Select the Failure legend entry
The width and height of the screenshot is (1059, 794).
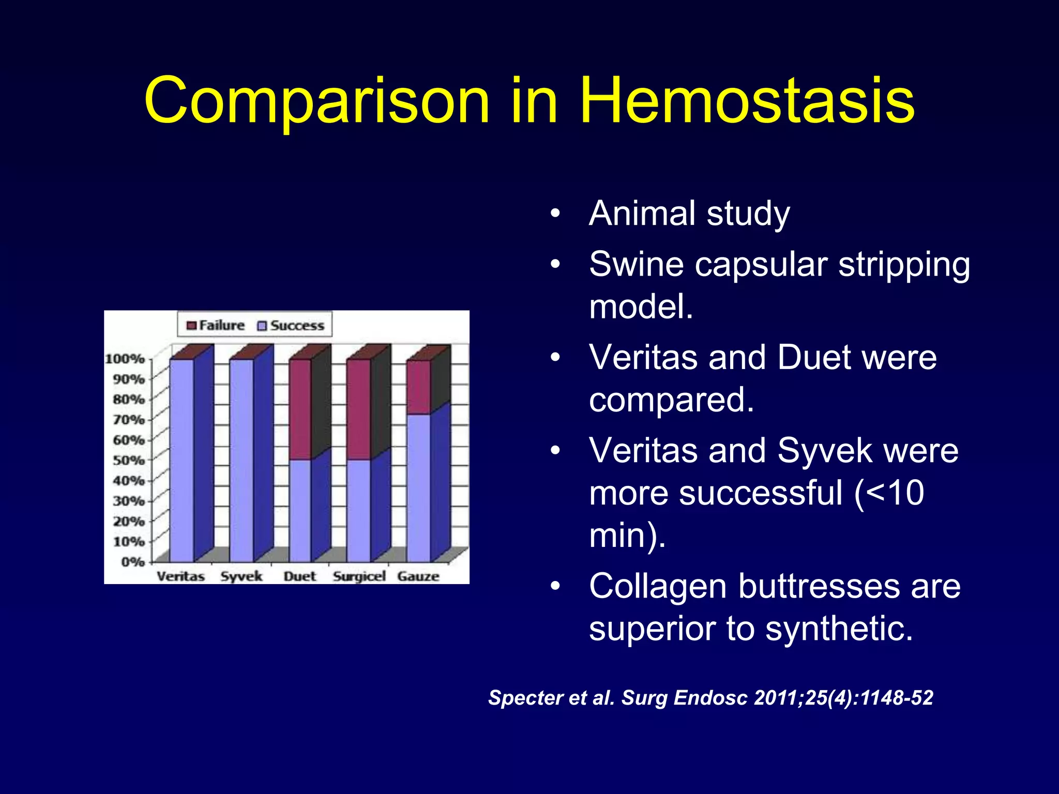pyautogui.click(x=216, y=326)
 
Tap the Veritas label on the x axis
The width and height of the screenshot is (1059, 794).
pyautogui.click(x=180, y=576)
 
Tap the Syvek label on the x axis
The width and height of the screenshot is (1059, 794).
pyautogui.click(x=241, y=576)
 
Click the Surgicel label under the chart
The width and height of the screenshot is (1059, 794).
pyautogui.click(x=359, y=576)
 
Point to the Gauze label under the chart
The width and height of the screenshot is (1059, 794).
pyautogui.click(x=418, y=576)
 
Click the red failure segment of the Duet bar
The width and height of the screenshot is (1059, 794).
pyautogui.click(x=300, y=408)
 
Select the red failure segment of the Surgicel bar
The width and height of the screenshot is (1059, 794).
pyautogui.click(x=358, y=408)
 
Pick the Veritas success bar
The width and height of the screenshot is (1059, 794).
pyautogui.click(x=181, y=460)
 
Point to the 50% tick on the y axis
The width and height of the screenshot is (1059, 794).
pyautogui.click(x=129, y=460)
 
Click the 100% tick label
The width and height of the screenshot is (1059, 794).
pyautogui.click(x=125, y=359)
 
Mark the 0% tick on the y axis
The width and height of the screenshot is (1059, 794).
pyautogui.click(x=132, y=561)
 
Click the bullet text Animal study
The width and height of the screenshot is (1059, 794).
pyautogui.click(x=689, y=213)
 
